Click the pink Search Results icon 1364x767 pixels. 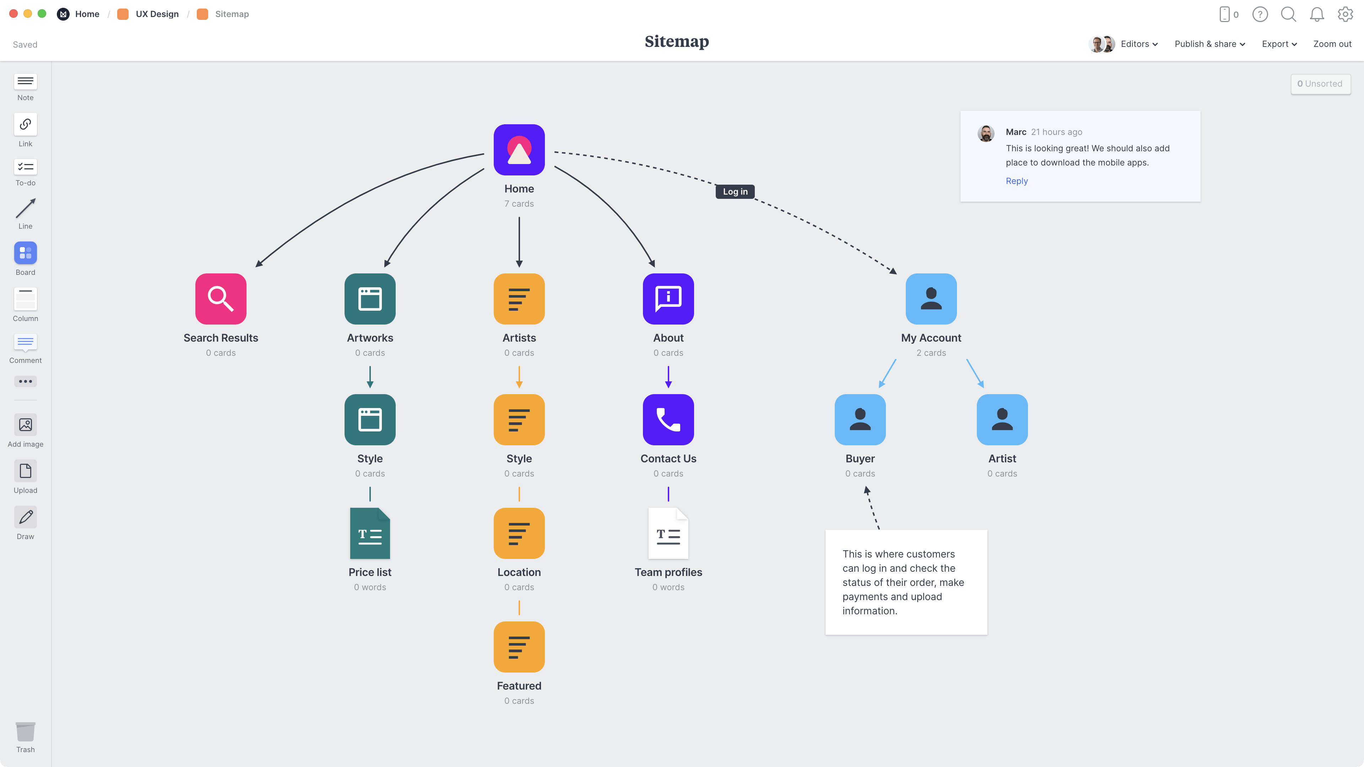(x=221, y=299)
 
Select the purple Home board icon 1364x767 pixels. (x=519, y=150)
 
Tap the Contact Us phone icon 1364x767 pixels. (x=668, y=420)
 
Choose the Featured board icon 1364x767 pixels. (x=519, y=647)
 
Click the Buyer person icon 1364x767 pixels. (x=860, y=420)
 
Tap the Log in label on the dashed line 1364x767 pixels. (x=735, y=192)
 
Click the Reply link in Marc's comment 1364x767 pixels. (x=1017, y=181)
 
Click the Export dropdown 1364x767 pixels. (x=1279, y=44)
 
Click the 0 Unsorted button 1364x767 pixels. (x=1320, y=84)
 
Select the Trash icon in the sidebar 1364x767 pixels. (x=26, y=733)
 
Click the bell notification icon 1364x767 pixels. (x=1316, y=14)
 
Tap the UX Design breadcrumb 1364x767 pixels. (x=157, y=14)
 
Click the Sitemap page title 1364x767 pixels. (x=676, y=42)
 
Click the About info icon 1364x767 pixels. (x=668, y=299)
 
